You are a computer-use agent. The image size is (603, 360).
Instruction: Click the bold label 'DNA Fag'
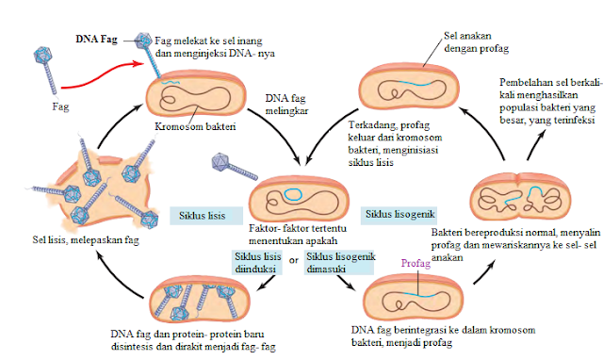coord(97,41)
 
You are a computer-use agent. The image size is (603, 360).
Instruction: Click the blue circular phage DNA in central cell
coord(295,195)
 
